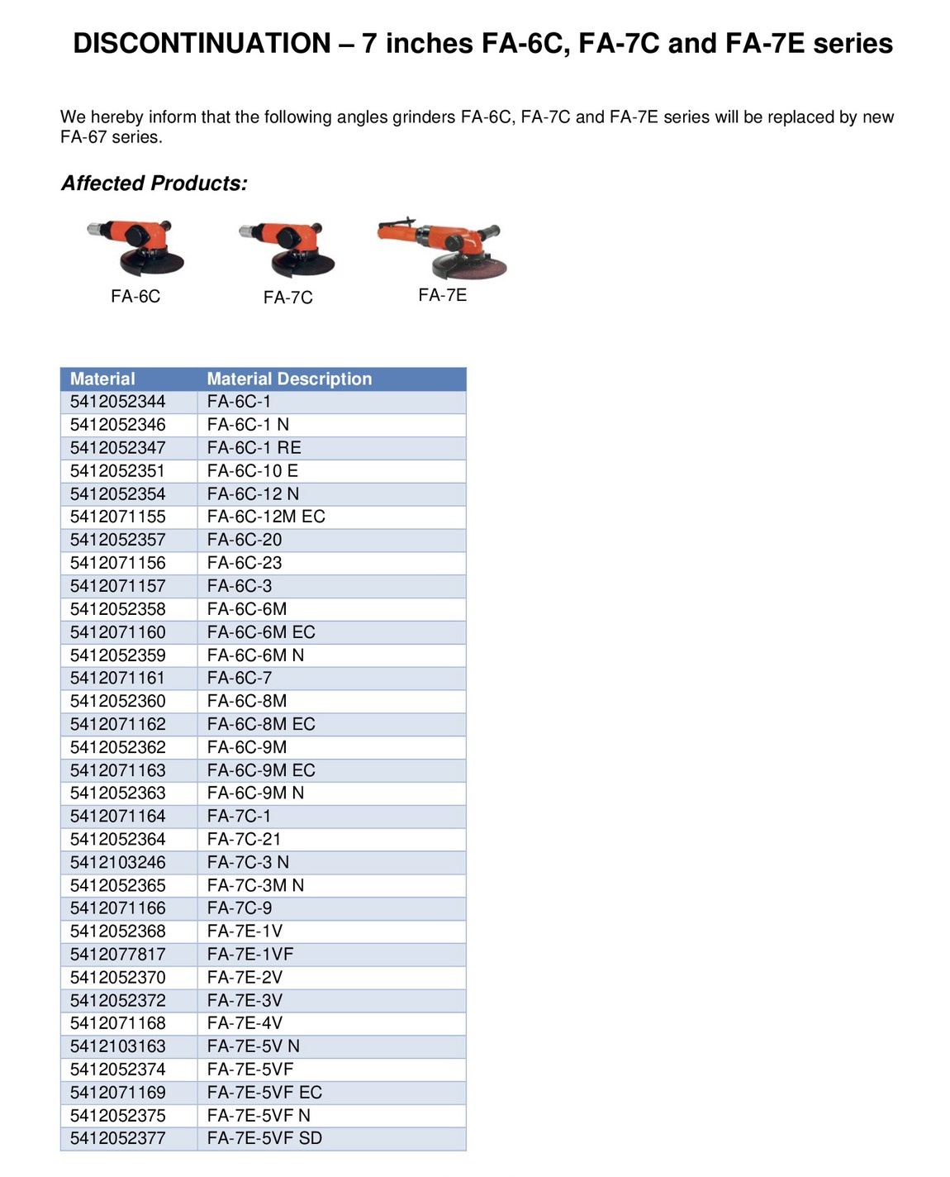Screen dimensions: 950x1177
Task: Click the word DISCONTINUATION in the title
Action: [x=202, y=43]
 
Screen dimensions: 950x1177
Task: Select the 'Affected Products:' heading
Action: [x=154, y=183]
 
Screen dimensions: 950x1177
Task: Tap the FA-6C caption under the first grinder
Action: [x=135, y=296]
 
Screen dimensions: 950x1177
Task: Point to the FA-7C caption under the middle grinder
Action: [x=287, y=298]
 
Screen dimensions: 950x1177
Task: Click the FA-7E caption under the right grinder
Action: [x=443, y=295]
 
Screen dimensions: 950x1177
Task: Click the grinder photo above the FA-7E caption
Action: [x=443, y=248]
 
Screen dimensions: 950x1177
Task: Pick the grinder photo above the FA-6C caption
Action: [x=135, y=248]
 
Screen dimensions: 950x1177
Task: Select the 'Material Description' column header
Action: [x=289, y=379]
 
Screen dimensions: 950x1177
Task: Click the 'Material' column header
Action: [x=102, y=379]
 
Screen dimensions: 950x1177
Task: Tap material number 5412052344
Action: [x=117, y=401]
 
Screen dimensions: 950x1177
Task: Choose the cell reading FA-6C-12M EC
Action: [x=266, y=516]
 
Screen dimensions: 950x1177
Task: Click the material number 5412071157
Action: [x=117, y=585]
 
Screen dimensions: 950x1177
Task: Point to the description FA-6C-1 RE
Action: [x=254, y=447]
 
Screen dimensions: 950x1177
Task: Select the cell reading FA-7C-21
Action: [x=245, y=839]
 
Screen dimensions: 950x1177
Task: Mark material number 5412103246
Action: [x=117, y=862]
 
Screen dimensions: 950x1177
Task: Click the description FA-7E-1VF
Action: [x=250, y=954]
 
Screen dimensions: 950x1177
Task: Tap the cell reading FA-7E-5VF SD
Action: [x=264, y=1138]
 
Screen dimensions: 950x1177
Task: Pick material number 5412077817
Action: [x=117, y=954]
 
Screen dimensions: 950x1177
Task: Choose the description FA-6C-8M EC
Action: [x=261, y=723]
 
